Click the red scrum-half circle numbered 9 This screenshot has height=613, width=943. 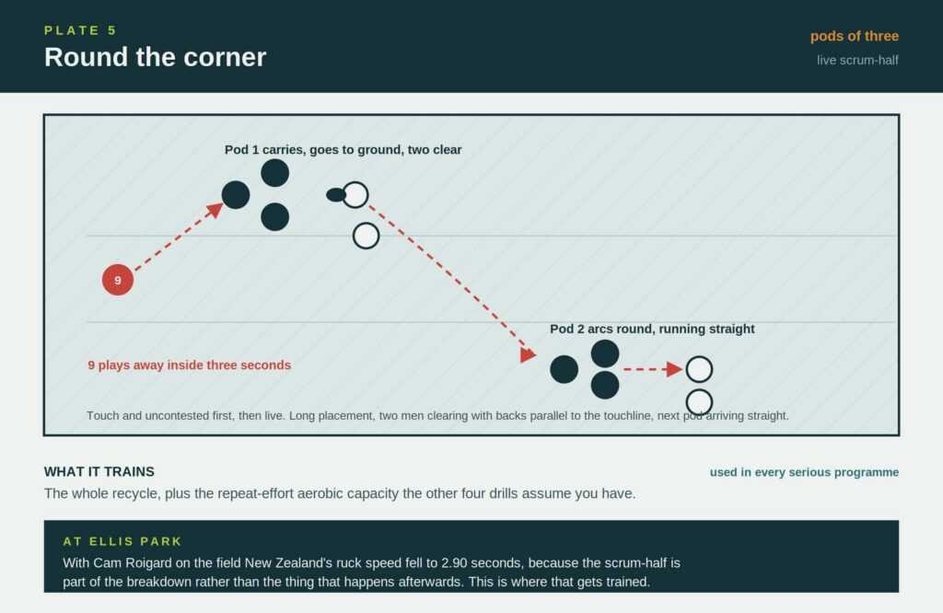118,280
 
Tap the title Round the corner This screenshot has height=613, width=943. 155,57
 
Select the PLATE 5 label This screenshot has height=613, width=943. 80,30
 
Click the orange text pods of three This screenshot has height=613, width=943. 854,36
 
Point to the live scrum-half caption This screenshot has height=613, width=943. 857,60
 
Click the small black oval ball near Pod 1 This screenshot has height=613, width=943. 335,195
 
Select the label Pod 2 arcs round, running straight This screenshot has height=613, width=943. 652,329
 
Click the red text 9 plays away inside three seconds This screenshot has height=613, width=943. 190,364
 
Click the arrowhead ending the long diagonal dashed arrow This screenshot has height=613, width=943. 528,354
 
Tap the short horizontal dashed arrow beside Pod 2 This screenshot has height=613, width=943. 653,369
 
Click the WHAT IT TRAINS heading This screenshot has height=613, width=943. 99,472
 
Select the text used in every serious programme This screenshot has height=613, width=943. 804,472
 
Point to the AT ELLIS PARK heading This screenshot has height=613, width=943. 122,541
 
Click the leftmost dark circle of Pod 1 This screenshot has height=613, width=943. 236,195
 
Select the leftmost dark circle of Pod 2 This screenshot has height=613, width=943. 565,369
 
